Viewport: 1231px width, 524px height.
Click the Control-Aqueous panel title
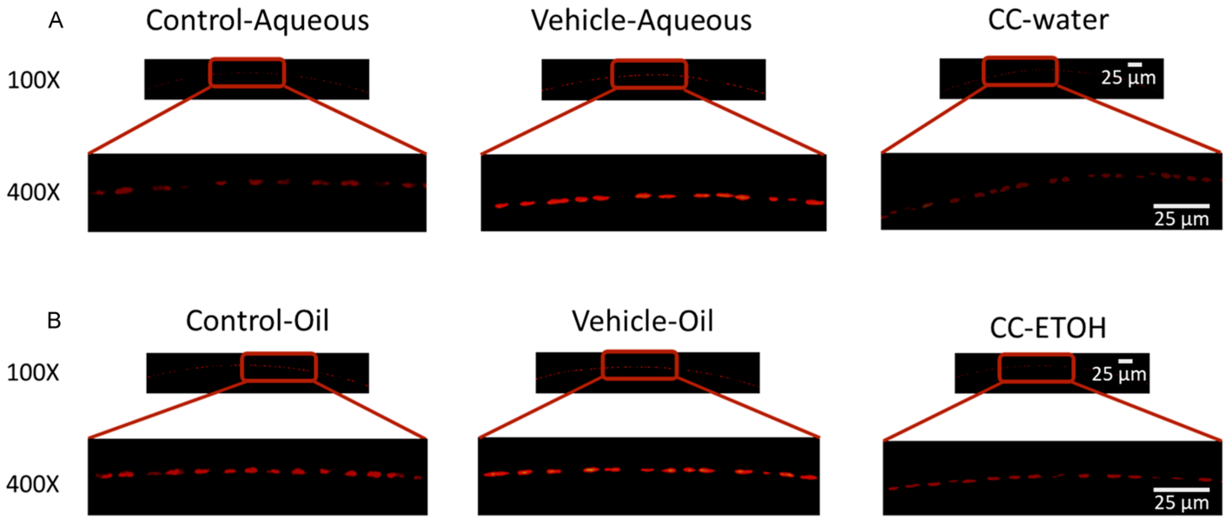coord(257,21)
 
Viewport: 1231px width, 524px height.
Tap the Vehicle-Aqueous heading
coord(641,21)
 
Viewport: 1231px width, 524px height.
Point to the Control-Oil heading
coord(257,321)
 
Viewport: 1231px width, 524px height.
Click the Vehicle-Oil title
coord(642,321)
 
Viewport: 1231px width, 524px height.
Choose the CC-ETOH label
coord(1048,328)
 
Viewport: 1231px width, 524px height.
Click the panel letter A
coord(56,21)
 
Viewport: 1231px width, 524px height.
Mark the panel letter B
coord(54,321)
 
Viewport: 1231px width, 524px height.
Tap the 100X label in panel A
coord(33,80)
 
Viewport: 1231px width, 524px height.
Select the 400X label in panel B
coord(33,484)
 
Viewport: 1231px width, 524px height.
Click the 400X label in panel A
coord(33,192)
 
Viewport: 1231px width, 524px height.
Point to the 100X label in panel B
coord(33,372)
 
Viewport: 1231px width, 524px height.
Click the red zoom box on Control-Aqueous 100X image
coord(247,73)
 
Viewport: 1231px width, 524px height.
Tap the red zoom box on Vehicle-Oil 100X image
coord(639,365)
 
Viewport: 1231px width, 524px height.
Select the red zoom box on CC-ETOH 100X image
coord(1036,368)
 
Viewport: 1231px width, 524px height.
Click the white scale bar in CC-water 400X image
coord(1181,206)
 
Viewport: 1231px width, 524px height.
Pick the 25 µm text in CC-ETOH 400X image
coord(1181,502)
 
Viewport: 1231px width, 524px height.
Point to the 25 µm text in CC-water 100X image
coord(1128,78)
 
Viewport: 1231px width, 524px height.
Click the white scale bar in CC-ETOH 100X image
coord(1125,361)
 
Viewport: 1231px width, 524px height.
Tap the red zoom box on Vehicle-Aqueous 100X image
coord(649,74)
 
